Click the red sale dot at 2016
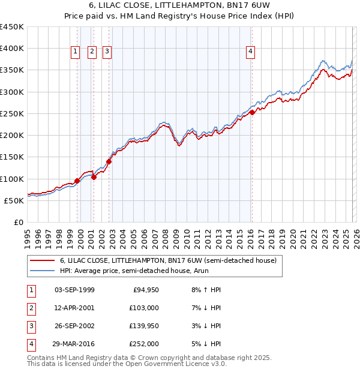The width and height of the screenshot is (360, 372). [253, 112]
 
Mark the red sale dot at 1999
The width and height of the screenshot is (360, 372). [77, 181]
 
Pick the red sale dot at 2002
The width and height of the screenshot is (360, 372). [109, 161]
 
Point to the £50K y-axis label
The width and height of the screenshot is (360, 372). [14, 200]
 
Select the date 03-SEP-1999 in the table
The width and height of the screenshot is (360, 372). [74, 290]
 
